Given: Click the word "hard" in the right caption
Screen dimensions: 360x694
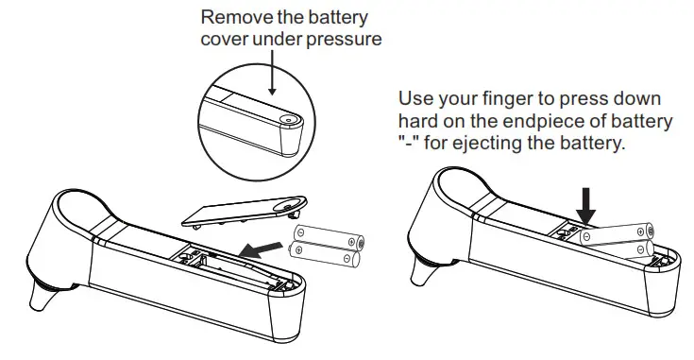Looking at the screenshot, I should coord(416,121).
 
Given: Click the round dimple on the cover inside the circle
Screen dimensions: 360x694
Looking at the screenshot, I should coord(287,121).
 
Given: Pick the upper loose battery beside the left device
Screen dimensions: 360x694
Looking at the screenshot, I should coord(327,235).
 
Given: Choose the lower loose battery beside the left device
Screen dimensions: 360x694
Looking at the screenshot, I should coord(327,253).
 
